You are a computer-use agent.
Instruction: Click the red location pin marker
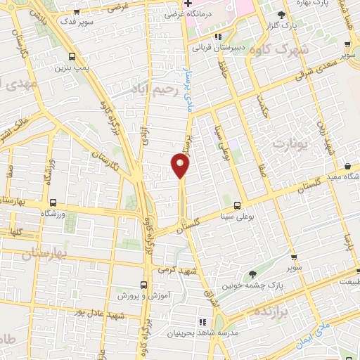181,166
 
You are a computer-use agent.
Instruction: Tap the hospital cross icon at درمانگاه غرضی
188,4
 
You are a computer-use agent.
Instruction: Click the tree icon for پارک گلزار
282,15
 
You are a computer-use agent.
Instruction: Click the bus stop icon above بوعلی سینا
236,205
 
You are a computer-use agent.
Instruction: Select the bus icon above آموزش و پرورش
143,285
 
